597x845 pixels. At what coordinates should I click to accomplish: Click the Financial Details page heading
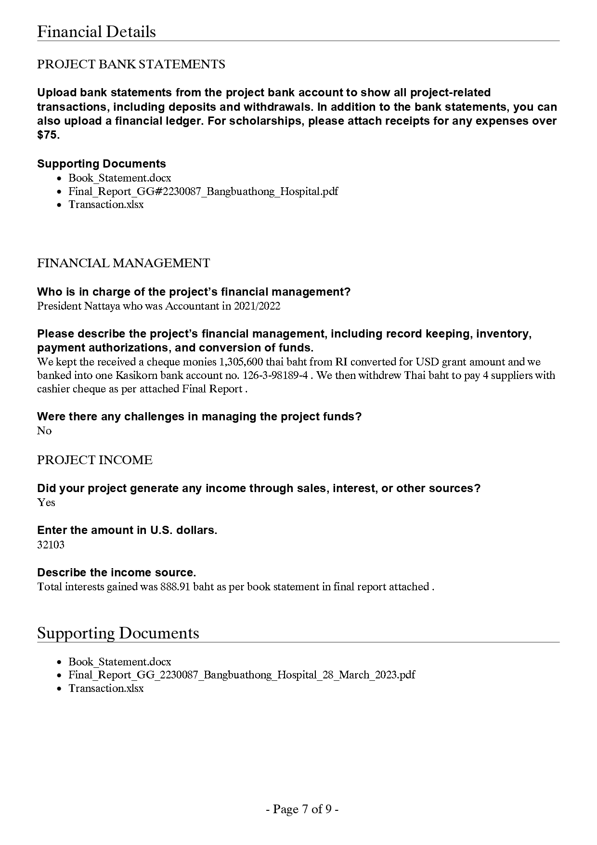click(96, 32)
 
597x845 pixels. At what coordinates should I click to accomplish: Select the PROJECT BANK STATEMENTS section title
click(131, 65)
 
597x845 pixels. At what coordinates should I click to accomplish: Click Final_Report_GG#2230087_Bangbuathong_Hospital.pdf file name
click(203, 191)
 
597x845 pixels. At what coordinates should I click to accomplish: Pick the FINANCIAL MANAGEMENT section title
click(123, 263)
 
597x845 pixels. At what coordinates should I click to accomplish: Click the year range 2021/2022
click(257, 306)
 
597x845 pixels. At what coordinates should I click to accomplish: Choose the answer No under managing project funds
click(44, 431)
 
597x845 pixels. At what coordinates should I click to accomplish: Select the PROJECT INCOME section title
click(94, 460)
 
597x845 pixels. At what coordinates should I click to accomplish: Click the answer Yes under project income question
click(46, 503)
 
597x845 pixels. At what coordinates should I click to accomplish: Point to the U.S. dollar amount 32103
click(51, 545)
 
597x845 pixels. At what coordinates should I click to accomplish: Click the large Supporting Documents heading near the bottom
click(118, 633)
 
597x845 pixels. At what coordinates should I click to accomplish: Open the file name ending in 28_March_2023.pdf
click(241, 675)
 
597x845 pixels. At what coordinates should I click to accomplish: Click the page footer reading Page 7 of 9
click(302, 809)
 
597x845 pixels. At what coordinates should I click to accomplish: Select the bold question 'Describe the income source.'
click(117, 572)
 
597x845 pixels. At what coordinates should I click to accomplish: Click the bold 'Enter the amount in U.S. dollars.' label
click(127, 530)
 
